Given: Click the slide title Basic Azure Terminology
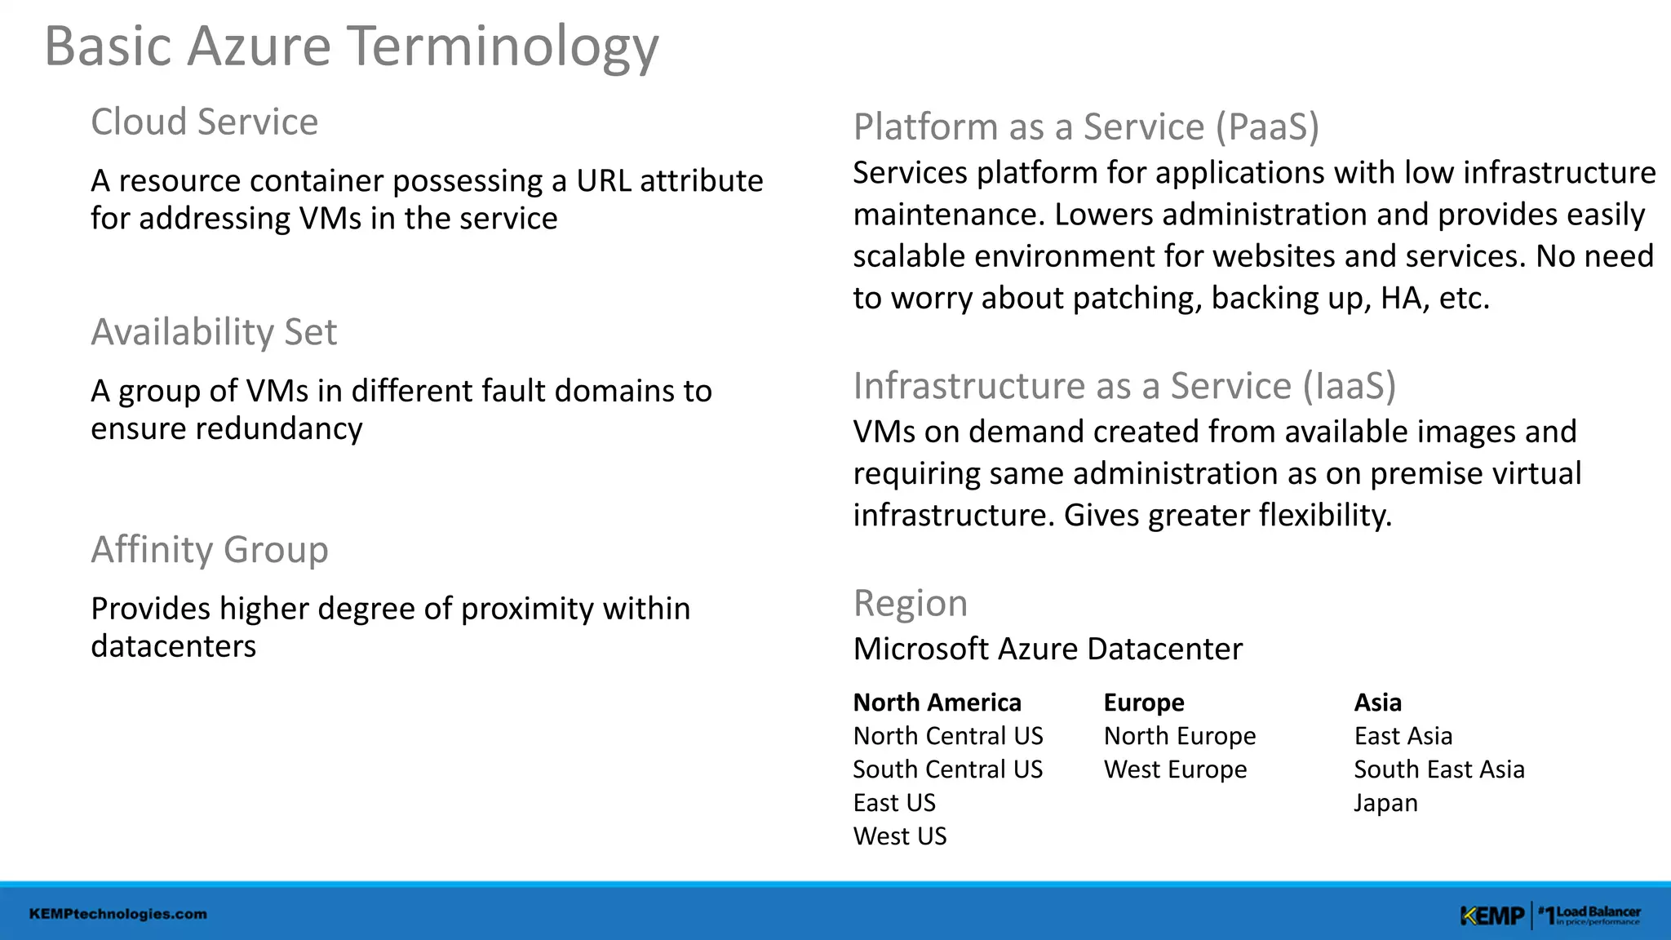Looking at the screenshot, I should pos(351,47).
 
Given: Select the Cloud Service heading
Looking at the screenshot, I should pos(204,122).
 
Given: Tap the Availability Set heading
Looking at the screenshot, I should pos(214,332).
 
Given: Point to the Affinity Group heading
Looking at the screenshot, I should pos(210,549).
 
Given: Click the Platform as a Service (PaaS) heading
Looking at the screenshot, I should pos(1086,127).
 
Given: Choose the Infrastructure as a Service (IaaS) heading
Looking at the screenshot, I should pos(1124,386).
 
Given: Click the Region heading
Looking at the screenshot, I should pos(910,604).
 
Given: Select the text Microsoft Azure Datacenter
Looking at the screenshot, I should pos(1048,650).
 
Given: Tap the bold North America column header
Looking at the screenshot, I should pos(937,703).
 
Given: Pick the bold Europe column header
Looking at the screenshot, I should pos(1144,703).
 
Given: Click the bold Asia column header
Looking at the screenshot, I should pos(1377,703).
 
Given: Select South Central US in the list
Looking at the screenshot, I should pos(947,769).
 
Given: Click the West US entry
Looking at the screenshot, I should pos(900,836).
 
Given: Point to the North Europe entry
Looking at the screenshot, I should pos(1179,736).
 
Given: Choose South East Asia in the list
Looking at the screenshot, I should pos(1438,769).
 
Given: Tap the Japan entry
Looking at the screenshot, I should pos(1385,803).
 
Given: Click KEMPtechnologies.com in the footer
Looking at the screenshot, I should pos(118,914).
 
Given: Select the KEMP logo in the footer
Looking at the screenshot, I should pos(1491,916).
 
